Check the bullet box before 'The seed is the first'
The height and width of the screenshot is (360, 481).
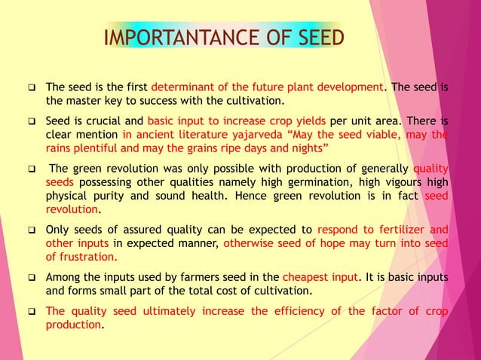coord(32,87)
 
